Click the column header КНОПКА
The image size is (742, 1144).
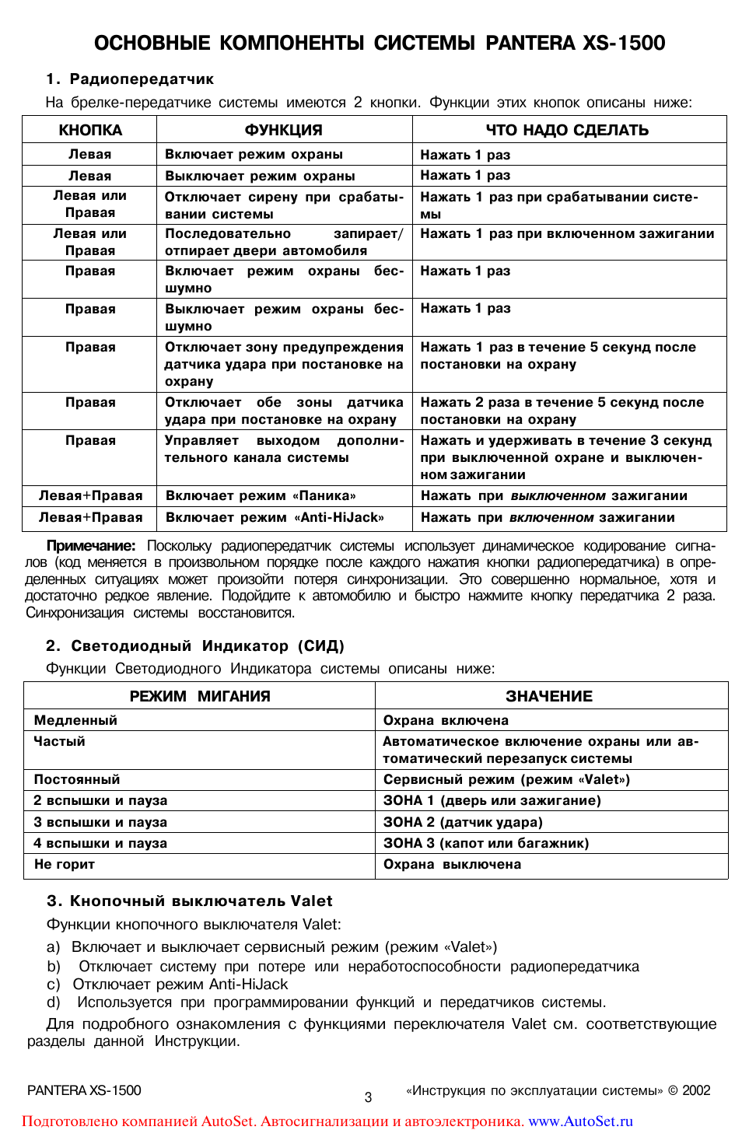click(x=90, y=130)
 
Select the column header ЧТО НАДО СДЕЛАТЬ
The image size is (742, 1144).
click(x=567, y=130)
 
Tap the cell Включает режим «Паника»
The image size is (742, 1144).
click(x=261, y=496)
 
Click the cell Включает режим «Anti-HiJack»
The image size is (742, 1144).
click(x=275, y=518)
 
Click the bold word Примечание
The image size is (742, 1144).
click(x=90, y=546)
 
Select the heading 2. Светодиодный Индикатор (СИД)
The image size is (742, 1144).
click(x=194, y=646)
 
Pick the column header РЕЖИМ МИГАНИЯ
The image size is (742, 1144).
click(x=200, y=696)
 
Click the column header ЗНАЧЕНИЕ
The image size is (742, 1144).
click(x=549, y=696)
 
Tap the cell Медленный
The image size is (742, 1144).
click(x=75, y=721)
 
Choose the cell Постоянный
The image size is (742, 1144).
click(x=77, y=779)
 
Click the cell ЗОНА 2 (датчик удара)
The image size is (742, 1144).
click(x=463, y=822)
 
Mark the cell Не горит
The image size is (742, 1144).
click(x=65, y=864)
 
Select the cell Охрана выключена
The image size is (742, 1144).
click(x=452, y=864)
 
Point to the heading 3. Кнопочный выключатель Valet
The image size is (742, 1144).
click(x=189, y=901)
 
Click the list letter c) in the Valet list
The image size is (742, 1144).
click(x=53, y=985)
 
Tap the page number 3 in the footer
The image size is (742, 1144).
click(x=368, y=1097)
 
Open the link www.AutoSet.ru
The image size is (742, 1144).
click(x=580, y=1121)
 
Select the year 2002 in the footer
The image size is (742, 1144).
click(x=696, y=1090)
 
